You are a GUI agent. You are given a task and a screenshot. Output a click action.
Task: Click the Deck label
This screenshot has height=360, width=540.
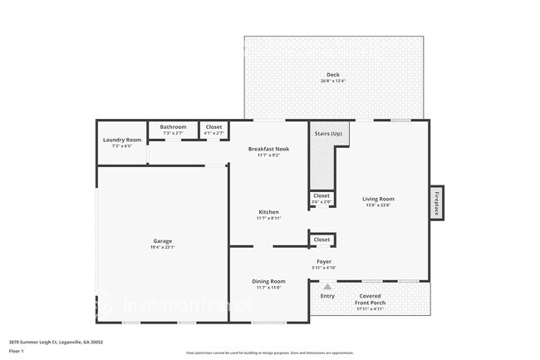click(x=333, y=76)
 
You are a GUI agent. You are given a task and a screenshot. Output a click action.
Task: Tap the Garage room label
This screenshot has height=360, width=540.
click(x=162, y=241)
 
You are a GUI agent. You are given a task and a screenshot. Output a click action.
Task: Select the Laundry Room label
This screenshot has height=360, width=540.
click(x=122, y=140)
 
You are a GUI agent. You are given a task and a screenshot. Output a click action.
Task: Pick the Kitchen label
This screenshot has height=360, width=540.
click(x=269, y=212)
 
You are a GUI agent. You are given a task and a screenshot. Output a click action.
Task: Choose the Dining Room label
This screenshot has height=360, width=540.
click(x=269, y=281)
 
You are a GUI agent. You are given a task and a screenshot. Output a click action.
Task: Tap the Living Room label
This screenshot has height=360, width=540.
click(x=378, y=199)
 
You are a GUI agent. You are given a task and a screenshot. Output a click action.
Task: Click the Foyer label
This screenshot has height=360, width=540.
click(x=324, y=262)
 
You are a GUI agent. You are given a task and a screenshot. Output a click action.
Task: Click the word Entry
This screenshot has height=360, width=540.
click(x=327, y=296)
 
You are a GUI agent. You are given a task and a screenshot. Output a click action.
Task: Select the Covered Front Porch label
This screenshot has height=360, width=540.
click(x=370, y=299)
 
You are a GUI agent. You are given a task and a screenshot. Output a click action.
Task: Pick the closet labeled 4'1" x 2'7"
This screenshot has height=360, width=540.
click(x=214, y=130)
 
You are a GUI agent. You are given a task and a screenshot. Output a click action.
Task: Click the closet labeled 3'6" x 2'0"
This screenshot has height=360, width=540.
click(x=322, y=199)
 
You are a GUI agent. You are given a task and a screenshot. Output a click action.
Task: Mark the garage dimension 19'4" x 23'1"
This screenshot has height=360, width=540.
click(x=162, y=247)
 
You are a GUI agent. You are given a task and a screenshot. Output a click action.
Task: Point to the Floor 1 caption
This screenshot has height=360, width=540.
click(x=16, y=352)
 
